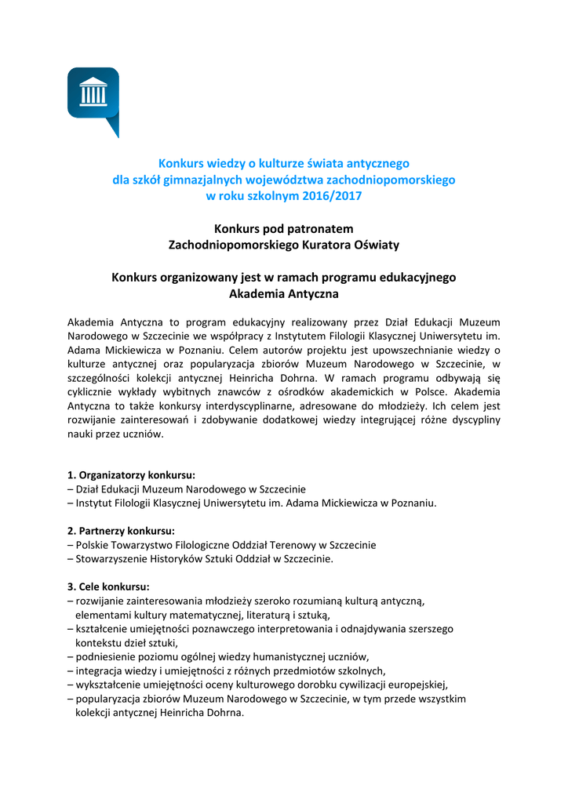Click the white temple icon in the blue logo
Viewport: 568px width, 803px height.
pos(93,93)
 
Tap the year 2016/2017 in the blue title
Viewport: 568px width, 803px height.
pos(327,196)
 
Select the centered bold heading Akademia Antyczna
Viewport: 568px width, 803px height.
pos(283,294)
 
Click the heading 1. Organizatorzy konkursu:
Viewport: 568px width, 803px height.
pos(131,474)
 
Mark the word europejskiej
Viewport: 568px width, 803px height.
pos(418,685)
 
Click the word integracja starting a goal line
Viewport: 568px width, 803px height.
pos(100,670)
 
